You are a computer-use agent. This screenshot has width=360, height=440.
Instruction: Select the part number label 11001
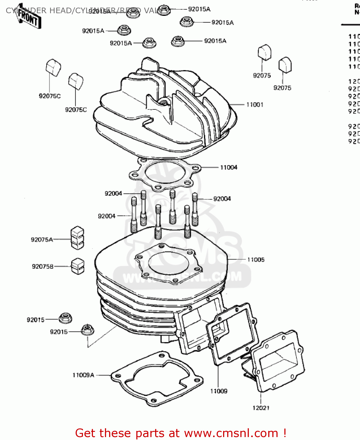(254, 105)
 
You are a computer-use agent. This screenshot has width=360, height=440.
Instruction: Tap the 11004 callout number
(229, 167)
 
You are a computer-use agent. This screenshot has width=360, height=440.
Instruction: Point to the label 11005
(256, 260)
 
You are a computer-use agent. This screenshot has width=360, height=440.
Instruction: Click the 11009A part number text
(83, 375)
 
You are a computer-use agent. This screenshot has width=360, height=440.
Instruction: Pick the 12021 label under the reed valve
(261, 408)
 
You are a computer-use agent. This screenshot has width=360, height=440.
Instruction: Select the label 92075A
(42, 240)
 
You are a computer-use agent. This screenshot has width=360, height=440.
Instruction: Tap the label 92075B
(43, 266)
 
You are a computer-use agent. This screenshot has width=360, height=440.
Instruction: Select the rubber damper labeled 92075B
(78, 266)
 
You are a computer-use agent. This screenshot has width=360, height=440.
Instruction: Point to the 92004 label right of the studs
(222, 199)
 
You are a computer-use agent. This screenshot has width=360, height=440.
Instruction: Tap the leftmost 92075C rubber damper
(53, 67)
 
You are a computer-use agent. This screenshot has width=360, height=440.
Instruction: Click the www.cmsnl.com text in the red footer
(231, 433)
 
